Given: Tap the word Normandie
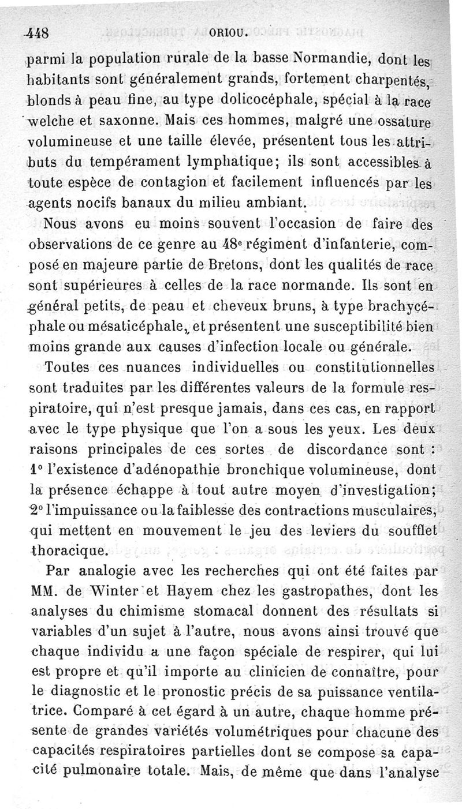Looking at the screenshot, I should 333,58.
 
